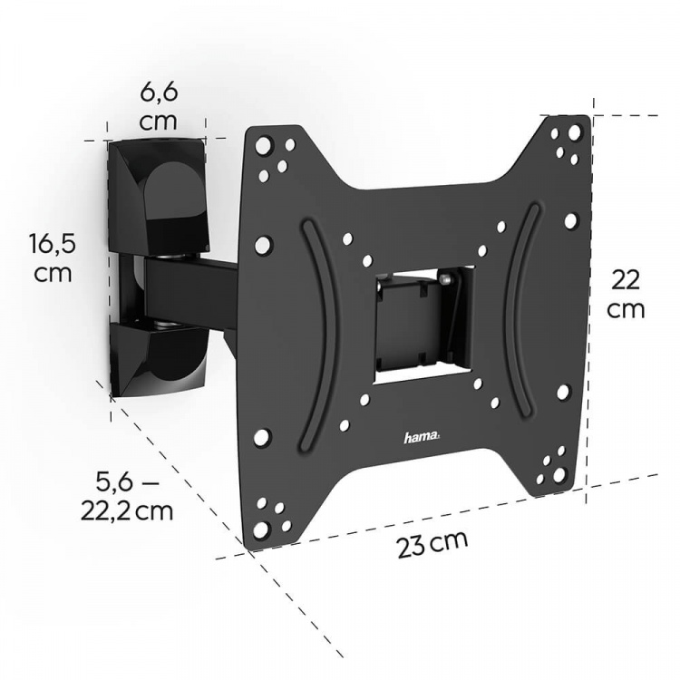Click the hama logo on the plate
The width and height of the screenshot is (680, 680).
pos(422,438)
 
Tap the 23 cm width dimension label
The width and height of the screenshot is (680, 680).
pos(432,545)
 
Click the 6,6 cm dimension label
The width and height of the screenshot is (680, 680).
pos(158,106)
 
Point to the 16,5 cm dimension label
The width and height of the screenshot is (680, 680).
pos(51,257)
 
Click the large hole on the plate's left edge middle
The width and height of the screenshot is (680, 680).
pos(264,244)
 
